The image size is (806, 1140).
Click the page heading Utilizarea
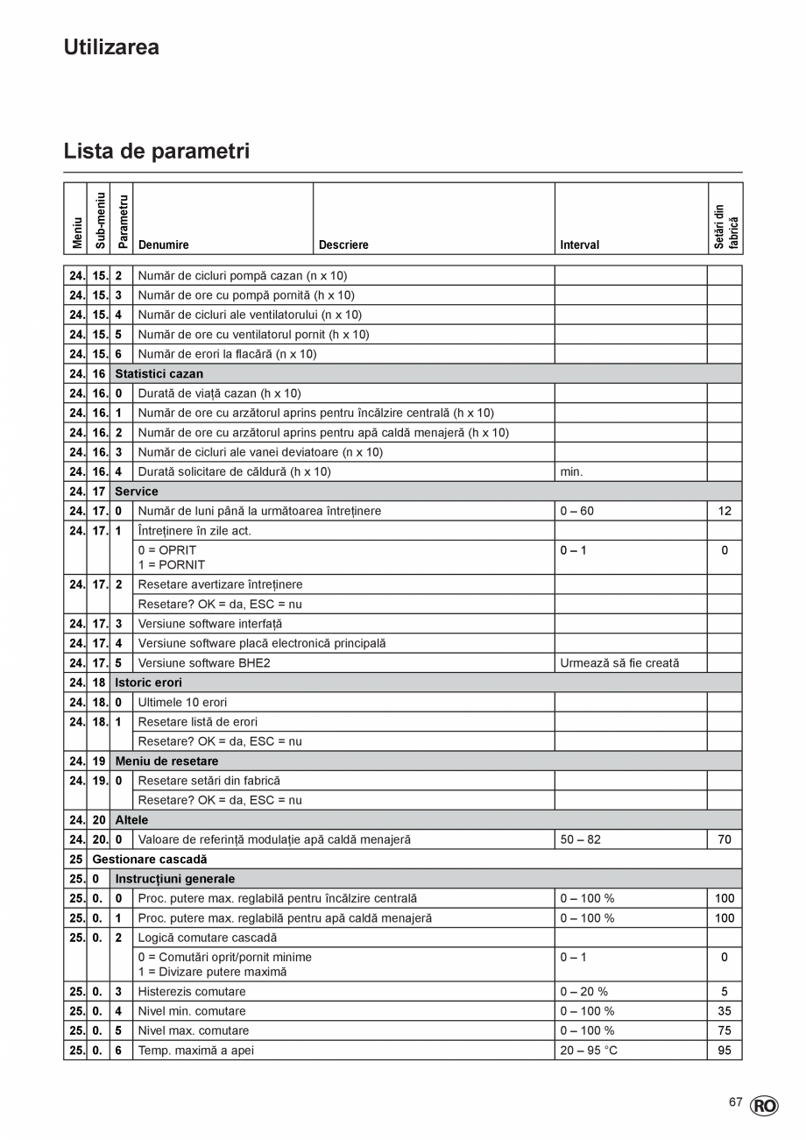(x=111, y=47)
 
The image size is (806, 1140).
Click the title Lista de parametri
(x=156, y=152)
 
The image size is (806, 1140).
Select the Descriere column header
(x=343, y=245)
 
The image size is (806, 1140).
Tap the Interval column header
(x=580, y=245)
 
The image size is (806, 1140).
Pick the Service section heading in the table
(x=137, y=492)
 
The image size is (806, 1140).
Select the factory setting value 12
(x=725, y=511)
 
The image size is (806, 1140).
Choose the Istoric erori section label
(x=148, y=683)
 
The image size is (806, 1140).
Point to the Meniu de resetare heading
(x=166, y=761)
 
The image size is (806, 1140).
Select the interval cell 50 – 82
(x=580, y=839)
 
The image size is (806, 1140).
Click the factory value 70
(x=725, y=839)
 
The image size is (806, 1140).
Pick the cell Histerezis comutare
(x=192, y=992)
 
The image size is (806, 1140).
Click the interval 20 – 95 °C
(x=589, y=1051)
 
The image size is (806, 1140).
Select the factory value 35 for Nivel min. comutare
(x=725, y=1011)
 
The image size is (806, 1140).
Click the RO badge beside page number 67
(x=763, y=1107)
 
